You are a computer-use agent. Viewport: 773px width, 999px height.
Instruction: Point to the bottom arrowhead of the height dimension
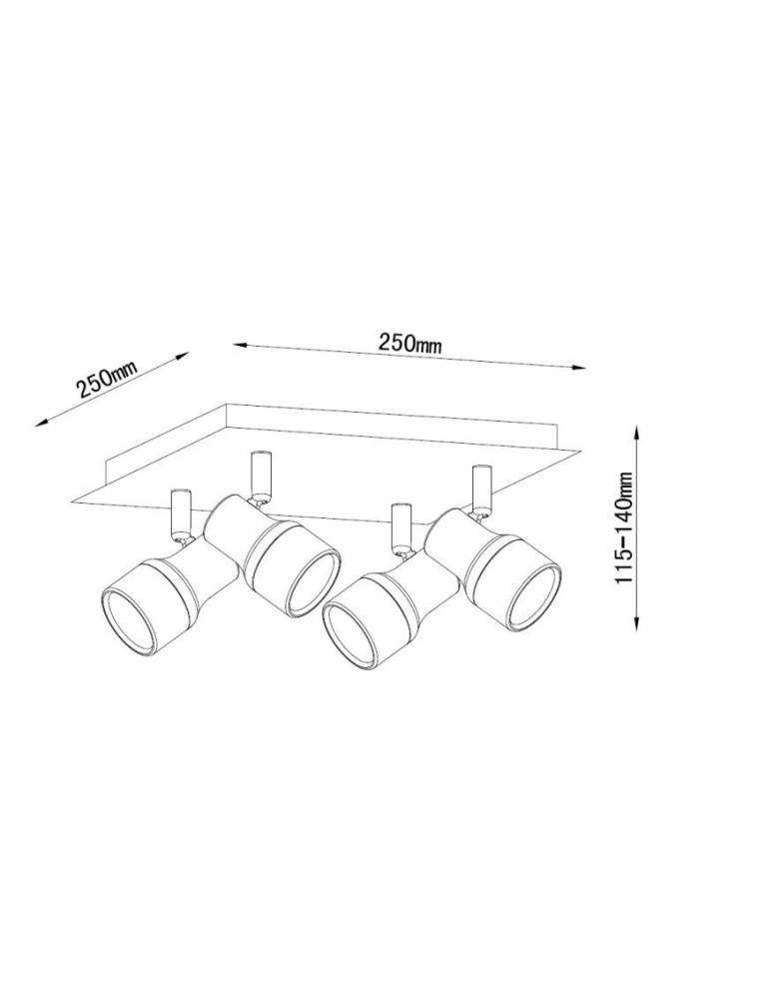point(637,623)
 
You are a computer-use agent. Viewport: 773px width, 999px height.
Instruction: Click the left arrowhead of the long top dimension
point(240,346)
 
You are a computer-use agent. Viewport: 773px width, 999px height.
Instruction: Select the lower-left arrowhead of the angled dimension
point(42,421)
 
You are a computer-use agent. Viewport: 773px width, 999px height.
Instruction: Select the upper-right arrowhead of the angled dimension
point(184,355)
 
